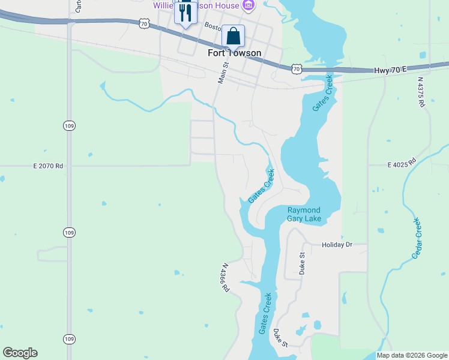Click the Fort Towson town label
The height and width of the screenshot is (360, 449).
234,53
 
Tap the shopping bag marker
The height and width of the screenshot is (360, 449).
233,36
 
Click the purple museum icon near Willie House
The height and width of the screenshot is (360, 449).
248,5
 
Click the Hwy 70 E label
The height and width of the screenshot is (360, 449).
388,70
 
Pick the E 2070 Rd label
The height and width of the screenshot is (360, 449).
48,166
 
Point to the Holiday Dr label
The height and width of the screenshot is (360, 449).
336,245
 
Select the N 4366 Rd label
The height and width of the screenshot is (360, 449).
226,277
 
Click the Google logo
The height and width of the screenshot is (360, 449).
20,353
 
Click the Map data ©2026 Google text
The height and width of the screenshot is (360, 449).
412,355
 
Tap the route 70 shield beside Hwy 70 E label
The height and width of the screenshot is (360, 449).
297,69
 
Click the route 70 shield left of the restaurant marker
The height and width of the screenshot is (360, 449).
143,23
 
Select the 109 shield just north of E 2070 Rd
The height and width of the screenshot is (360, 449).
68,125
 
